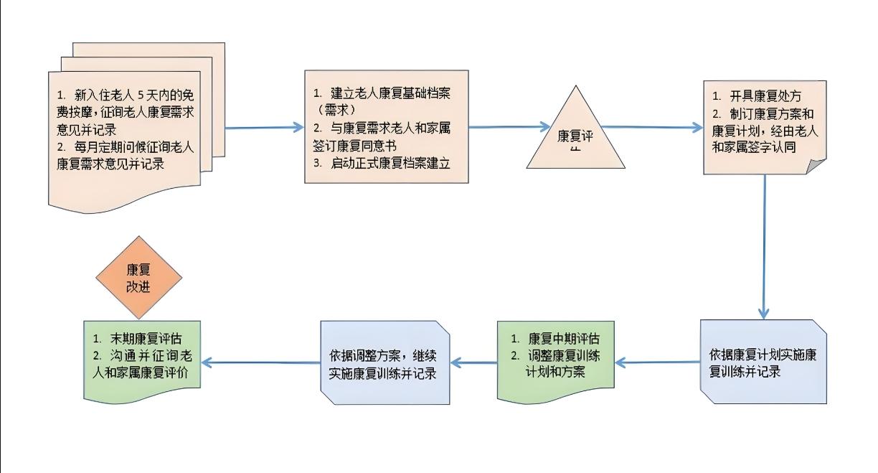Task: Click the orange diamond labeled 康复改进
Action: [141, 278]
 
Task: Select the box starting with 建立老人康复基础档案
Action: [386, 128]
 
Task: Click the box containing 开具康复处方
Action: [764, 128]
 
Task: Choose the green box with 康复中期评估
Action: [555, 361]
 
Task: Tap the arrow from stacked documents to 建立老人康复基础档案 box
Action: [264, 128]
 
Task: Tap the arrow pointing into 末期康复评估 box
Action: [263, 362]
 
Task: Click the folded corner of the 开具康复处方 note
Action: [816, 166]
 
